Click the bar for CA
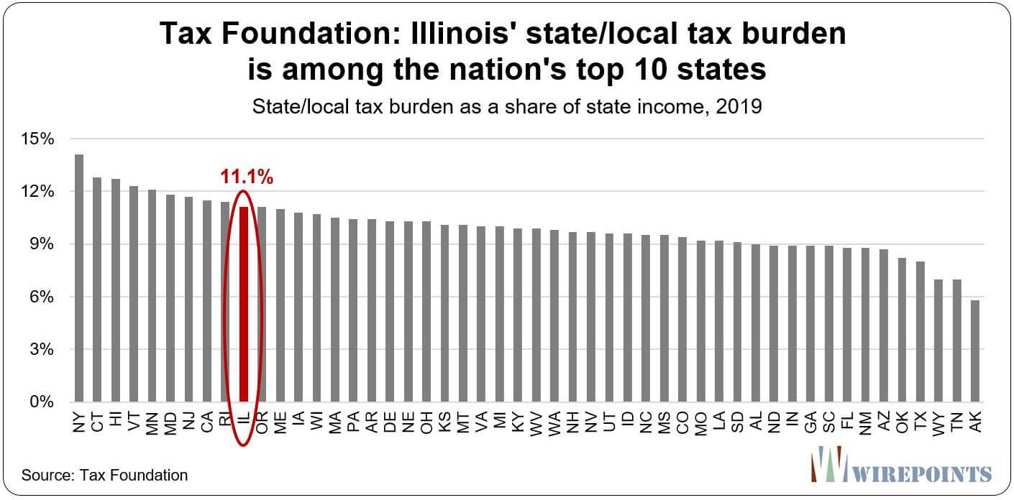point(207,301)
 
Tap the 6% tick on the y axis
point(41,297)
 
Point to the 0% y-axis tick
point(41,402)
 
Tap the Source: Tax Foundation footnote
point(104,474)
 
